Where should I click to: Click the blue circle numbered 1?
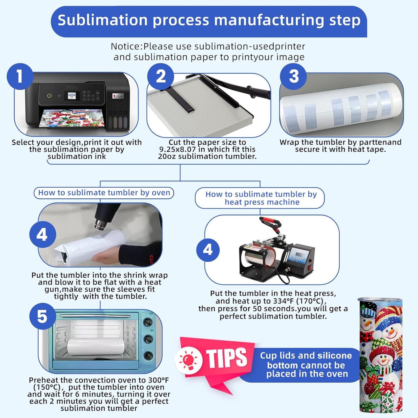(20, 76)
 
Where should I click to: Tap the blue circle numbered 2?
(161, 76)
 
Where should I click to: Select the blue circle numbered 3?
(293, 76)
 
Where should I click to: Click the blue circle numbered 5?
(43, 316)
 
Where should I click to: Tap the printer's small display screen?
(71, 96)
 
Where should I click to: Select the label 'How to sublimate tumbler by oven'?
(104, 193)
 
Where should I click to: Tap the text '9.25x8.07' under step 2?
(177, 150)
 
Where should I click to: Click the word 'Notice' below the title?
(126, 46)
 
